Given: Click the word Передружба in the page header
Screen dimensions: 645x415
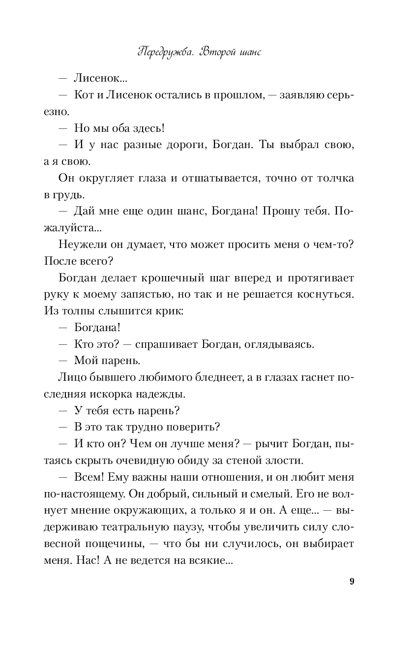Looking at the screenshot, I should (166, 53).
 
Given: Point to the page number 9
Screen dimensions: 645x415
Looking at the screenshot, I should (352, 581).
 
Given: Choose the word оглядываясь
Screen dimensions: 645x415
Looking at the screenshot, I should (284, 345).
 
